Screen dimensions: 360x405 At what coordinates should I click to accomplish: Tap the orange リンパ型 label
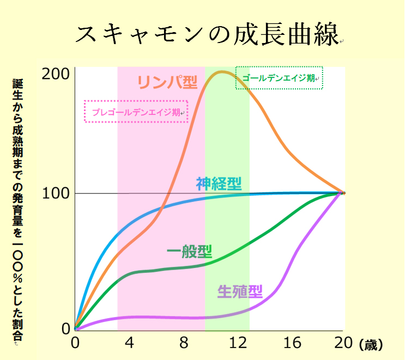coord(166,82)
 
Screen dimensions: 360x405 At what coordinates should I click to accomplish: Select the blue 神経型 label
coord(219,184)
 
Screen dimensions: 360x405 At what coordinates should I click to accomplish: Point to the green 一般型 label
coord(189,252)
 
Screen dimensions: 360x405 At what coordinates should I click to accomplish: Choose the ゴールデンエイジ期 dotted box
coord(279,78)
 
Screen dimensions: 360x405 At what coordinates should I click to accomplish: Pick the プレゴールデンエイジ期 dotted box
coord(136,112)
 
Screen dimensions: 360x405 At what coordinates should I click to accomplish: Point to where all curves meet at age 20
coord(343,193)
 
